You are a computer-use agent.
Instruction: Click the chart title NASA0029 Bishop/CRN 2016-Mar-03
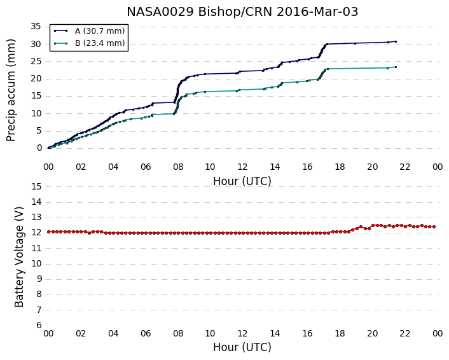click(242, 11)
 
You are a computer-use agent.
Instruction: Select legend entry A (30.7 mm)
click(100, 31)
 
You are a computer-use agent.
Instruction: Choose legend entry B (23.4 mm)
click(100, 43)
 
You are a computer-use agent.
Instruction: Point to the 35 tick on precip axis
click(36, 27)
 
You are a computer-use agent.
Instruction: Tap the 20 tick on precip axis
click(36, 79)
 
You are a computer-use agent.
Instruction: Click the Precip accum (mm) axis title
click(11, 90)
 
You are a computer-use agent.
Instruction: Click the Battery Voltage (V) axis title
click(19, 257)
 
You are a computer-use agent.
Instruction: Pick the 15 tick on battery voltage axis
click(36, 187)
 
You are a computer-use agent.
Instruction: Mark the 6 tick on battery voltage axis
click(39, 326)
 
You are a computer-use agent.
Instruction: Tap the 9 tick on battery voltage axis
click(39, 279)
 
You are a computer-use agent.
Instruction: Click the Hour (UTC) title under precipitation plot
click(242, 181)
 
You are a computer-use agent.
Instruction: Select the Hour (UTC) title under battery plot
click(242, 347)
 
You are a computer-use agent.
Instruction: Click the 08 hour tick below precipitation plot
click(178, 167)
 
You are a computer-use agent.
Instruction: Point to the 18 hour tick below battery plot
click(340, 334)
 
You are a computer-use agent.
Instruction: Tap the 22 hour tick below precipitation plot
click(405, 167)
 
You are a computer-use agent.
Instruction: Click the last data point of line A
click(396, 41)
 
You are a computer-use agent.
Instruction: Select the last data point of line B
click(396, 67)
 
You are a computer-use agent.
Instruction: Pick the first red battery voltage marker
click(49, 232)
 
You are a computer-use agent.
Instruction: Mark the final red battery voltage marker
click(434, 227)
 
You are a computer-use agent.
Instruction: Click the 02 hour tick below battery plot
click(81, 334)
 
